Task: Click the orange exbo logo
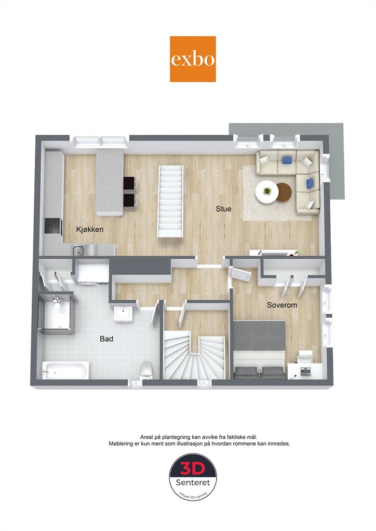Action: [x=193, y=59]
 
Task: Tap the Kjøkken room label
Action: [x=89, y=229]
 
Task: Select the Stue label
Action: [x=223, y=208]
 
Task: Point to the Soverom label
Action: [x=282, y=305]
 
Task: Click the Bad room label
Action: [x=106, y=339]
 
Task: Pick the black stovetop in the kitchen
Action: [x=53, y=227]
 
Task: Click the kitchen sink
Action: [x=79, y=251]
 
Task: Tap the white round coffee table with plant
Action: [x=267, y=192]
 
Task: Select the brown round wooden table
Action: [x=284, y=192]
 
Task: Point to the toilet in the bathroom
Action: [x=146, y=370]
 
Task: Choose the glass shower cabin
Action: [x=56, y=314]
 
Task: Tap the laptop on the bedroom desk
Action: [x=305, y=371]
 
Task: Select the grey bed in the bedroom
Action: [x=259, y=349]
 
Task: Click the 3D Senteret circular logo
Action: [x=193, y=477]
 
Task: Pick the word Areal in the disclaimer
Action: [x=147, y=437]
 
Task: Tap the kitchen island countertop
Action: [x=109, y=183]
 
